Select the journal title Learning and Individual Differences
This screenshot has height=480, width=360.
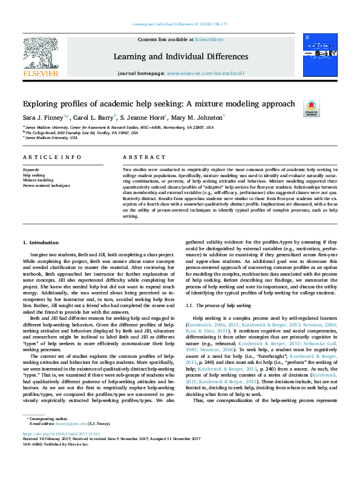pyautogui.click(x=180, y=57)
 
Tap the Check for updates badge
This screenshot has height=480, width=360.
pyautogui.click(x=311, y=109)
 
